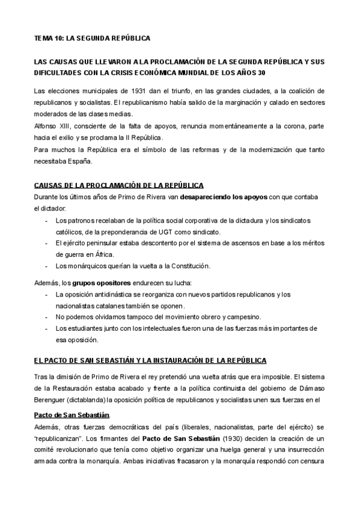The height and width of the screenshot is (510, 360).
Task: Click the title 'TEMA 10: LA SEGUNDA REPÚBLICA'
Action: click(92, 38)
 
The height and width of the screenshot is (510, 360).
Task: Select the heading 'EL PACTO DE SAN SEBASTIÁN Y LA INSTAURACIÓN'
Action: click(150, 360)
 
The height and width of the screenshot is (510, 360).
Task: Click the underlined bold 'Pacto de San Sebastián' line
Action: click(72, 415)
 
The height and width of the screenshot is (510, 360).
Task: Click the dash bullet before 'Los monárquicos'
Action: click(47, 266)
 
